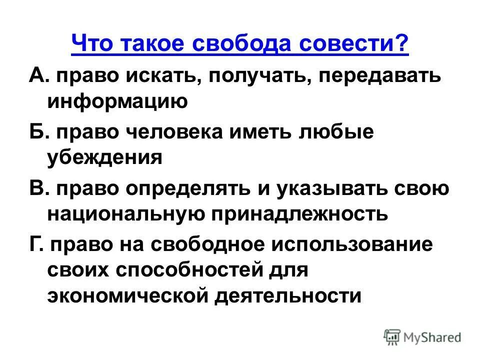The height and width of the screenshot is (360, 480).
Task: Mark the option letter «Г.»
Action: tap(36, 246)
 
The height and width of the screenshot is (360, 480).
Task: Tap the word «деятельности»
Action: tap(288, 296)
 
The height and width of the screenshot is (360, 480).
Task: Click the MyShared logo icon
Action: tap(392, 336)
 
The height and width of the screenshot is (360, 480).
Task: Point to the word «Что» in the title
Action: tap(90, 45)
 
